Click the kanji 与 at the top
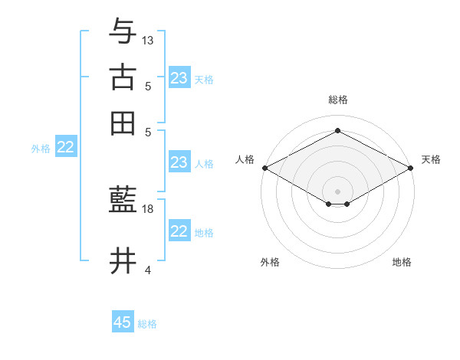123,32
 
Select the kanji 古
123,77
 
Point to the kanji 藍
123,200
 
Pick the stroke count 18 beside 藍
148,208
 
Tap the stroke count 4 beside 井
148,270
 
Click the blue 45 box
123,322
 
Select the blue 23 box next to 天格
179,78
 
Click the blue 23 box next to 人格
179,162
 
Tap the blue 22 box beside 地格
179,231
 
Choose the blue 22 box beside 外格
66,148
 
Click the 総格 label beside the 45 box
147,324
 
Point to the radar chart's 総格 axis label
337,100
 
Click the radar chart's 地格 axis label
402,263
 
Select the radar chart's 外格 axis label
270,263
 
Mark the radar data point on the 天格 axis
411,168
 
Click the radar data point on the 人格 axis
264,168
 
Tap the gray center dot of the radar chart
337,191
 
